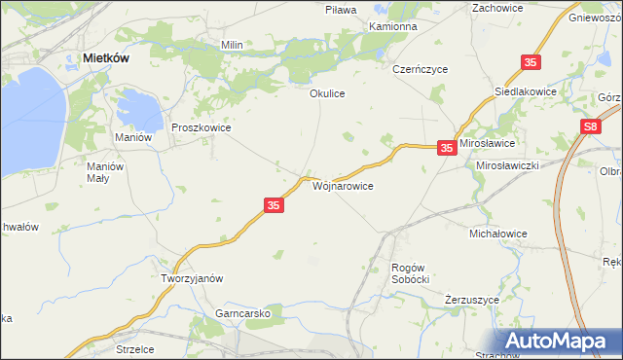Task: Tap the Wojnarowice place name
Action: pyautogui.click(x=342, y=184)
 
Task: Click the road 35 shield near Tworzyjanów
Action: pyautogui.click(x=274, y=205)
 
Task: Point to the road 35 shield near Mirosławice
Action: pyautogui.click(x=446, y=148)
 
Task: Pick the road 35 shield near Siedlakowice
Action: pyautogui.click(x=530, y=62)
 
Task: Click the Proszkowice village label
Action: pyautogui.click(x=201, y=127)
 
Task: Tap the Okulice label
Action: pyautogui.click(x=327, y=94)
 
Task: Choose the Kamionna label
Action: pyautogui.click(x=393, y=26)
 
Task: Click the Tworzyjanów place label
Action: pyautogui.click(x=192, y=277)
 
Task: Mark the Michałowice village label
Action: pyautogui.click(x=497, y=234)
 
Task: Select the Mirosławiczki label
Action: pyautogui.click(x=507, y=166)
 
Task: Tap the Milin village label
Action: pyautogui.click(x=232, y=45)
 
